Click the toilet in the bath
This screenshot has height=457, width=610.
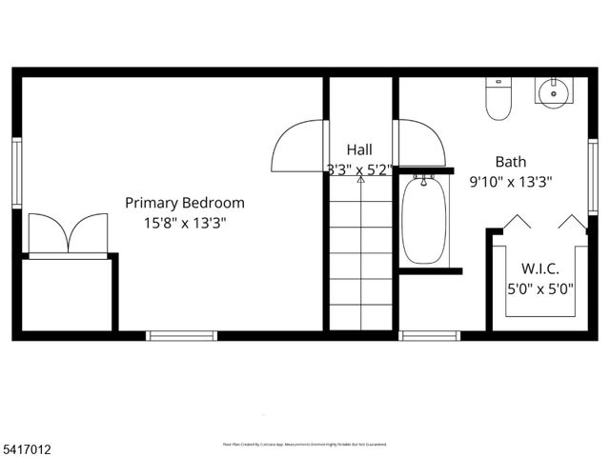tap(499, 98)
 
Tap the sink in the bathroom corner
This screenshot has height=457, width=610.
tap(553, 92)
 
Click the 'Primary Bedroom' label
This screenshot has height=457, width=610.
tap(185, 203)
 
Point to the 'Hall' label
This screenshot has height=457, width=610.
tap(359, 149)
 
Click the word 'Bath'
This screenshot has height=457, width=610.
tap(510, 162)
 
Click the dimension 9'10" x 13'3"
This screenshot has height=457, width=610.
tap(510, 181)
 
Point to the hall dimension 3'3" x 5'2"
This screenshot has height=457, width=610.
tap(359, 169)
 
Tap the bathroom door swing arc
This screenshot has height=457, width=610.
tap(421, 143)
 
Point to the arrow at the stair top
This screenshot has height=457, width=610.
tap(360, 179)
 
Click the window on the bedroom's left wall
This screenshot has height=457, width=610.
tap(16, 172)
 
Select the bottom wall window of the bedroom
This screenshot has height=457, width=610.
tap(181, 335)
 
